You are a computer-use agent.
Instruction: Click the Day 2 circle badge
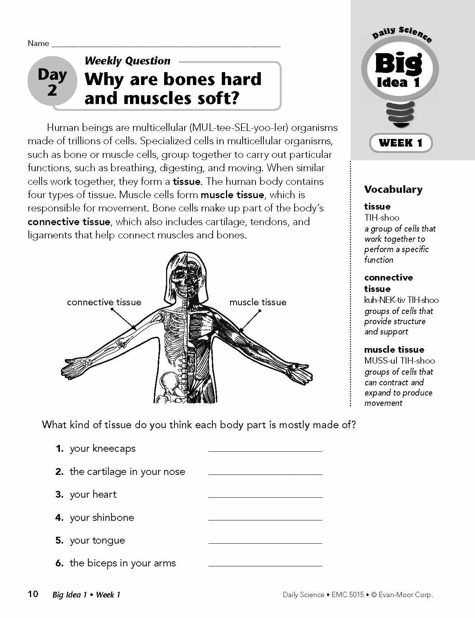click(52, 82)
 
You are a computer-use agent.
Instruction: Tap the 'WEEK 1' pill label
click(400, 143)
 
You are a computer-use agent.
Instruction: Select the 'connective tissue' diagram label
click(104, 302)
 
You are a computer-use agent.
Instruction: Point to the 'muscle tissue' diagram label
click(258, 302)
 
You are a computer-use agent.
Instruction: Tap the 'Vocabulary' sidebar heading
click(393, 189)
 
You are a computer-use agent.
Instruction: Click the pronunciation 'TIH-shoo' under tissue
click(382, 218)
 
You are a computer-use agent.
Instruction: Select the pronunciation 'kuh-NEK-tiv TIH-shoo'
click(401, 300)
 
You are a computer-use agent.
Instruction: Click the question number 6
click(59, 563)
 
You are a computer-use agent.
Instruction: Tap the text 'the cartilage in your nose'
click(127, 471)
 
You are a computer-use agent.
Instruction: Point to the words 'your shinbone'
click(102, 517)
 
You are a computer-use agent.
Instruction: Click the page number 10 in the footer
click(33, 594)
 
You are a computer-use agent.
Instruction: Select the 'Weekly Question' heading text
click(128, 61)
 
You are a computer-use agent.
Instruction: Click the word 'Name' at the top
click(38, 43)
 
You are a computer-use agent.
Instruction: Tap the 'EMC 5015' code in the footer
click(348, 595)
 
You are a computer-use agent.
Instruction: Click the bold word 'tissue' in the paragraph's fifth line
click(186, 181)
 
